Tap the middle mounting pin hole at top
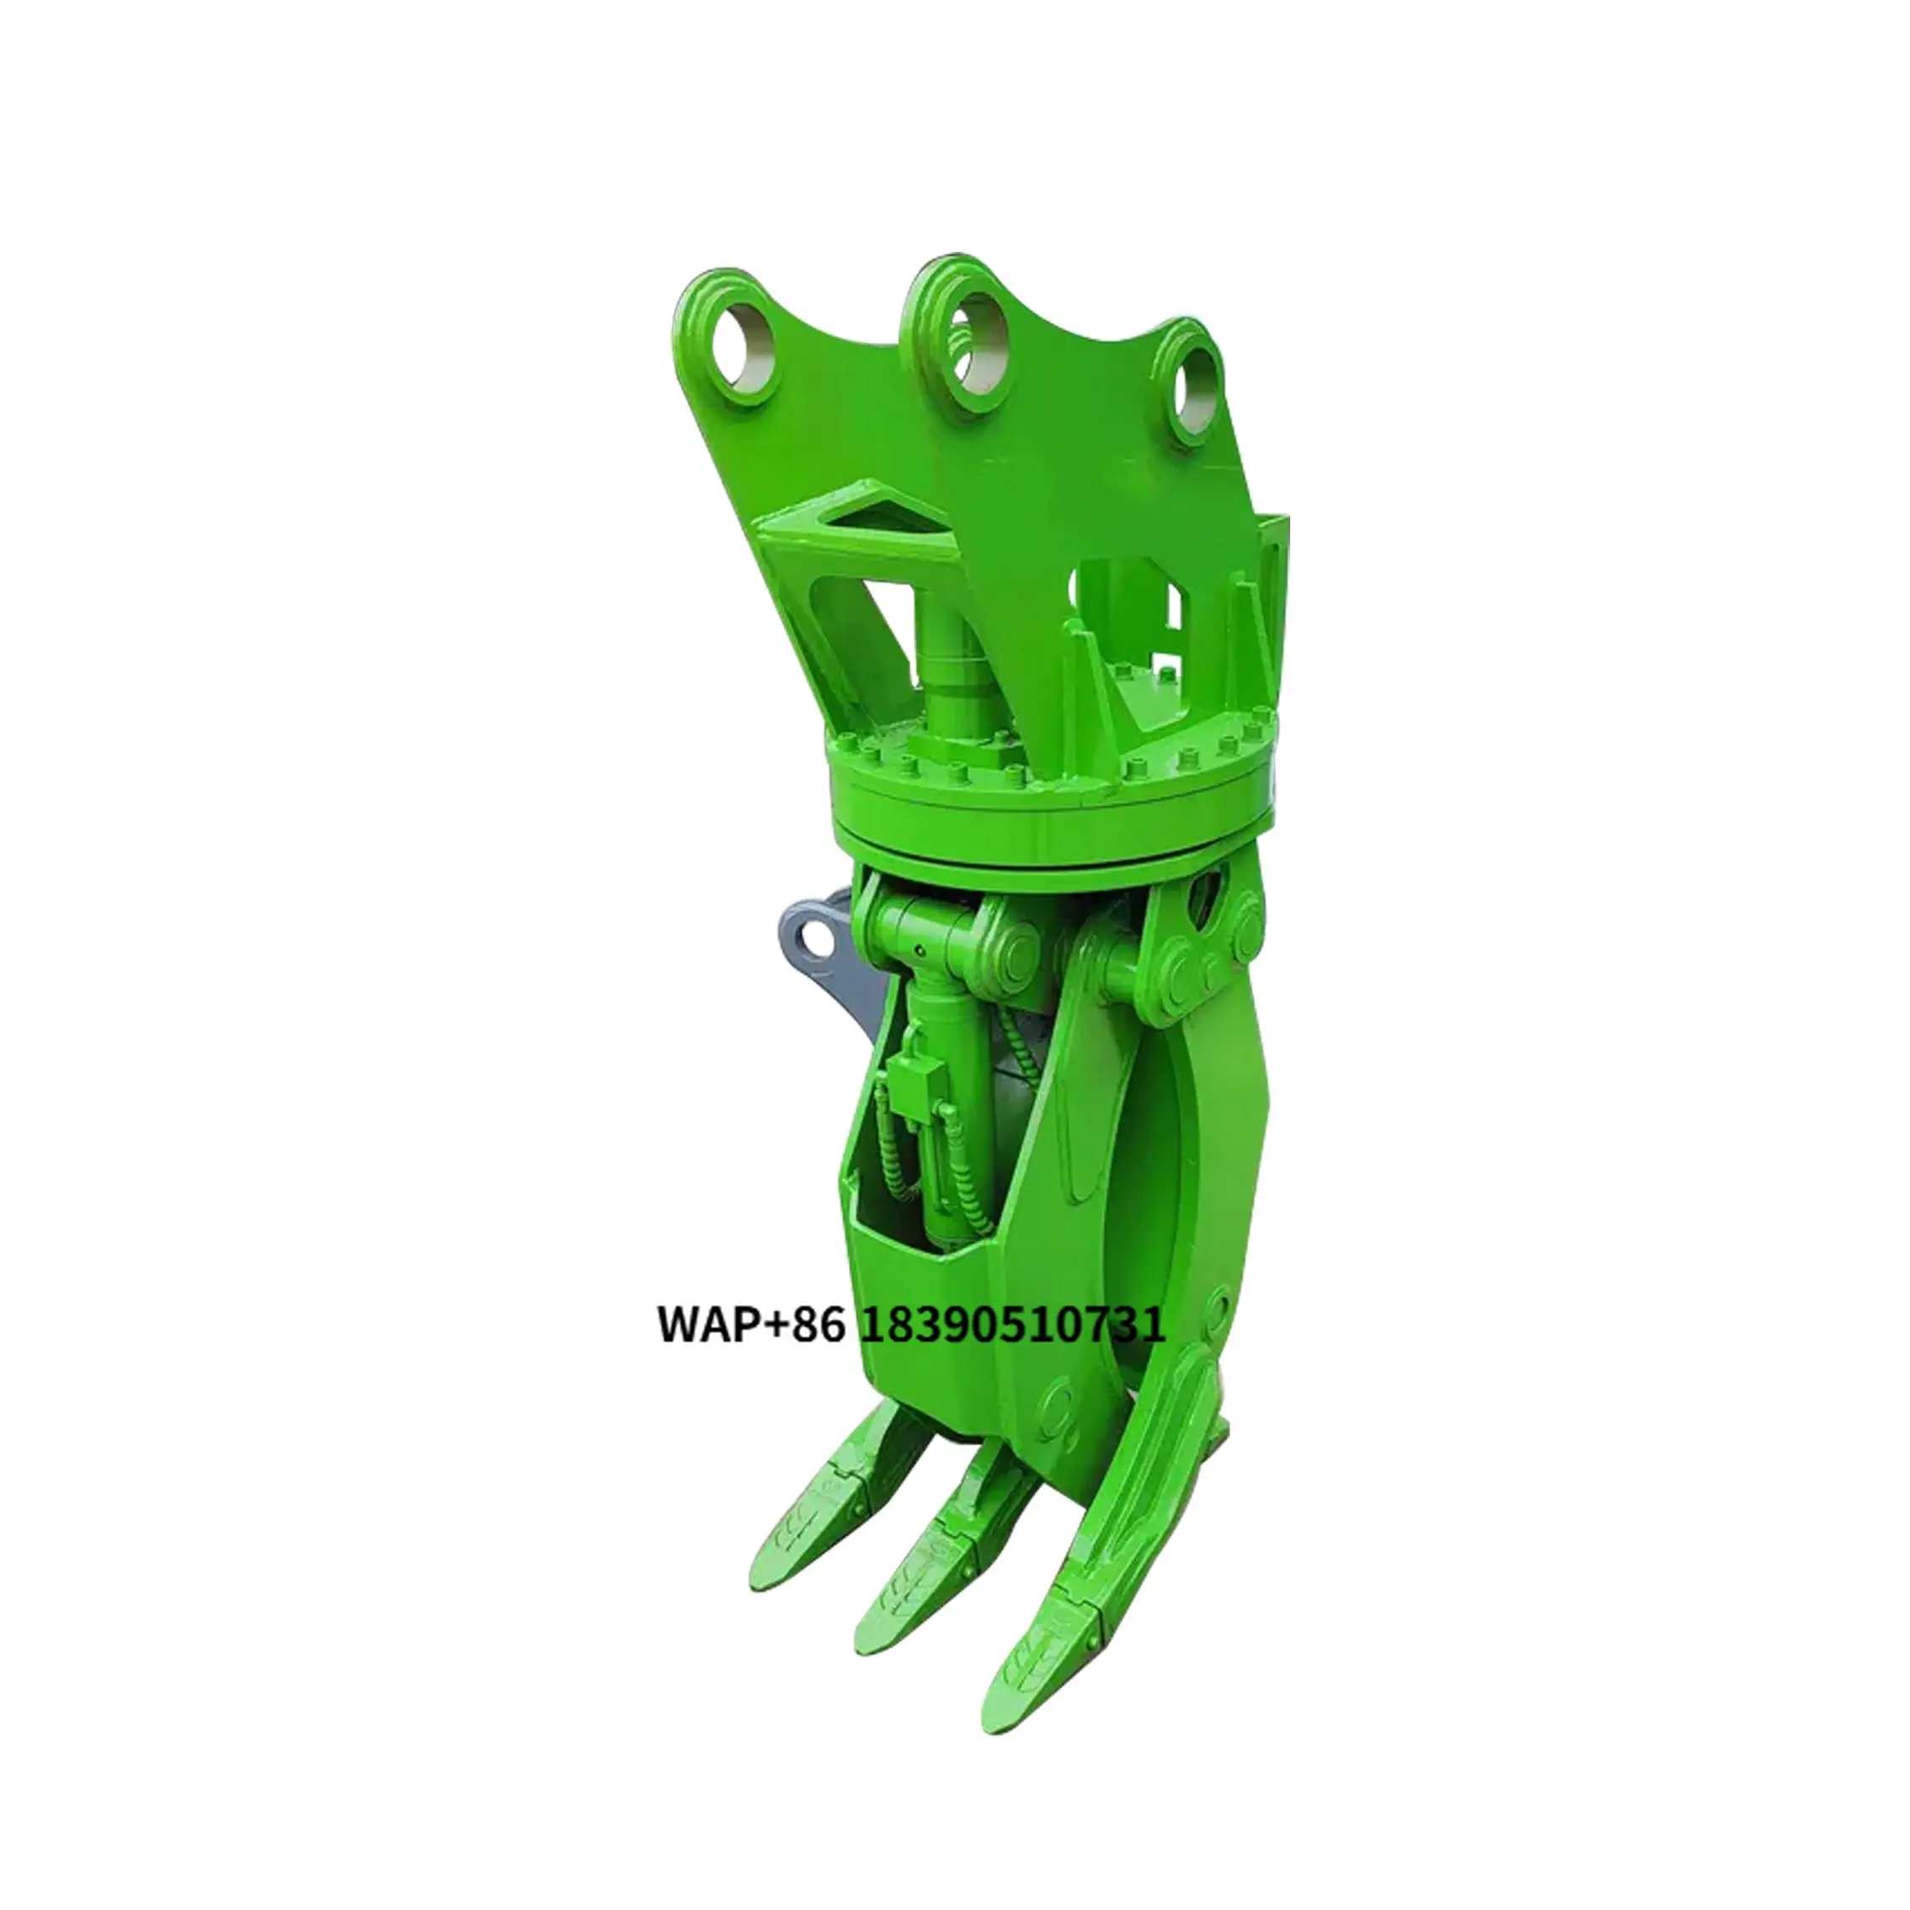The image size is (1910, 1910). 972,352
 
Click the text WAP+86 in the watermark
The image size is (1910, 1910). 751,1326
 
